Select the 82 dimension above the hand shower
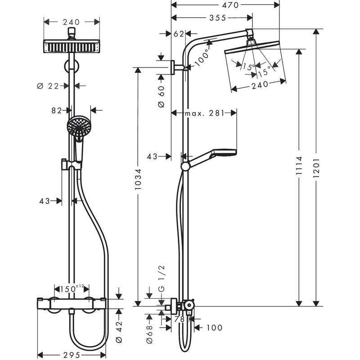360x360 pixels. pyautogui.click(x=57, y=110)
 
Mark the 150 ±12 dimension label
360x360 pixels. pyautogui.click(x=72, y=288)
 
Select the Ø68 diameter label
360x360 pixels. pyautogui.click(x=150, y=335)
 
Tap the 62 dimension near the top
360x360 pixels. pyautogui.click(x=179, y=33)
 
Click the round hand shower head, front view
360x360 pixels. pyautogui.click(x=79, y=126)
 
